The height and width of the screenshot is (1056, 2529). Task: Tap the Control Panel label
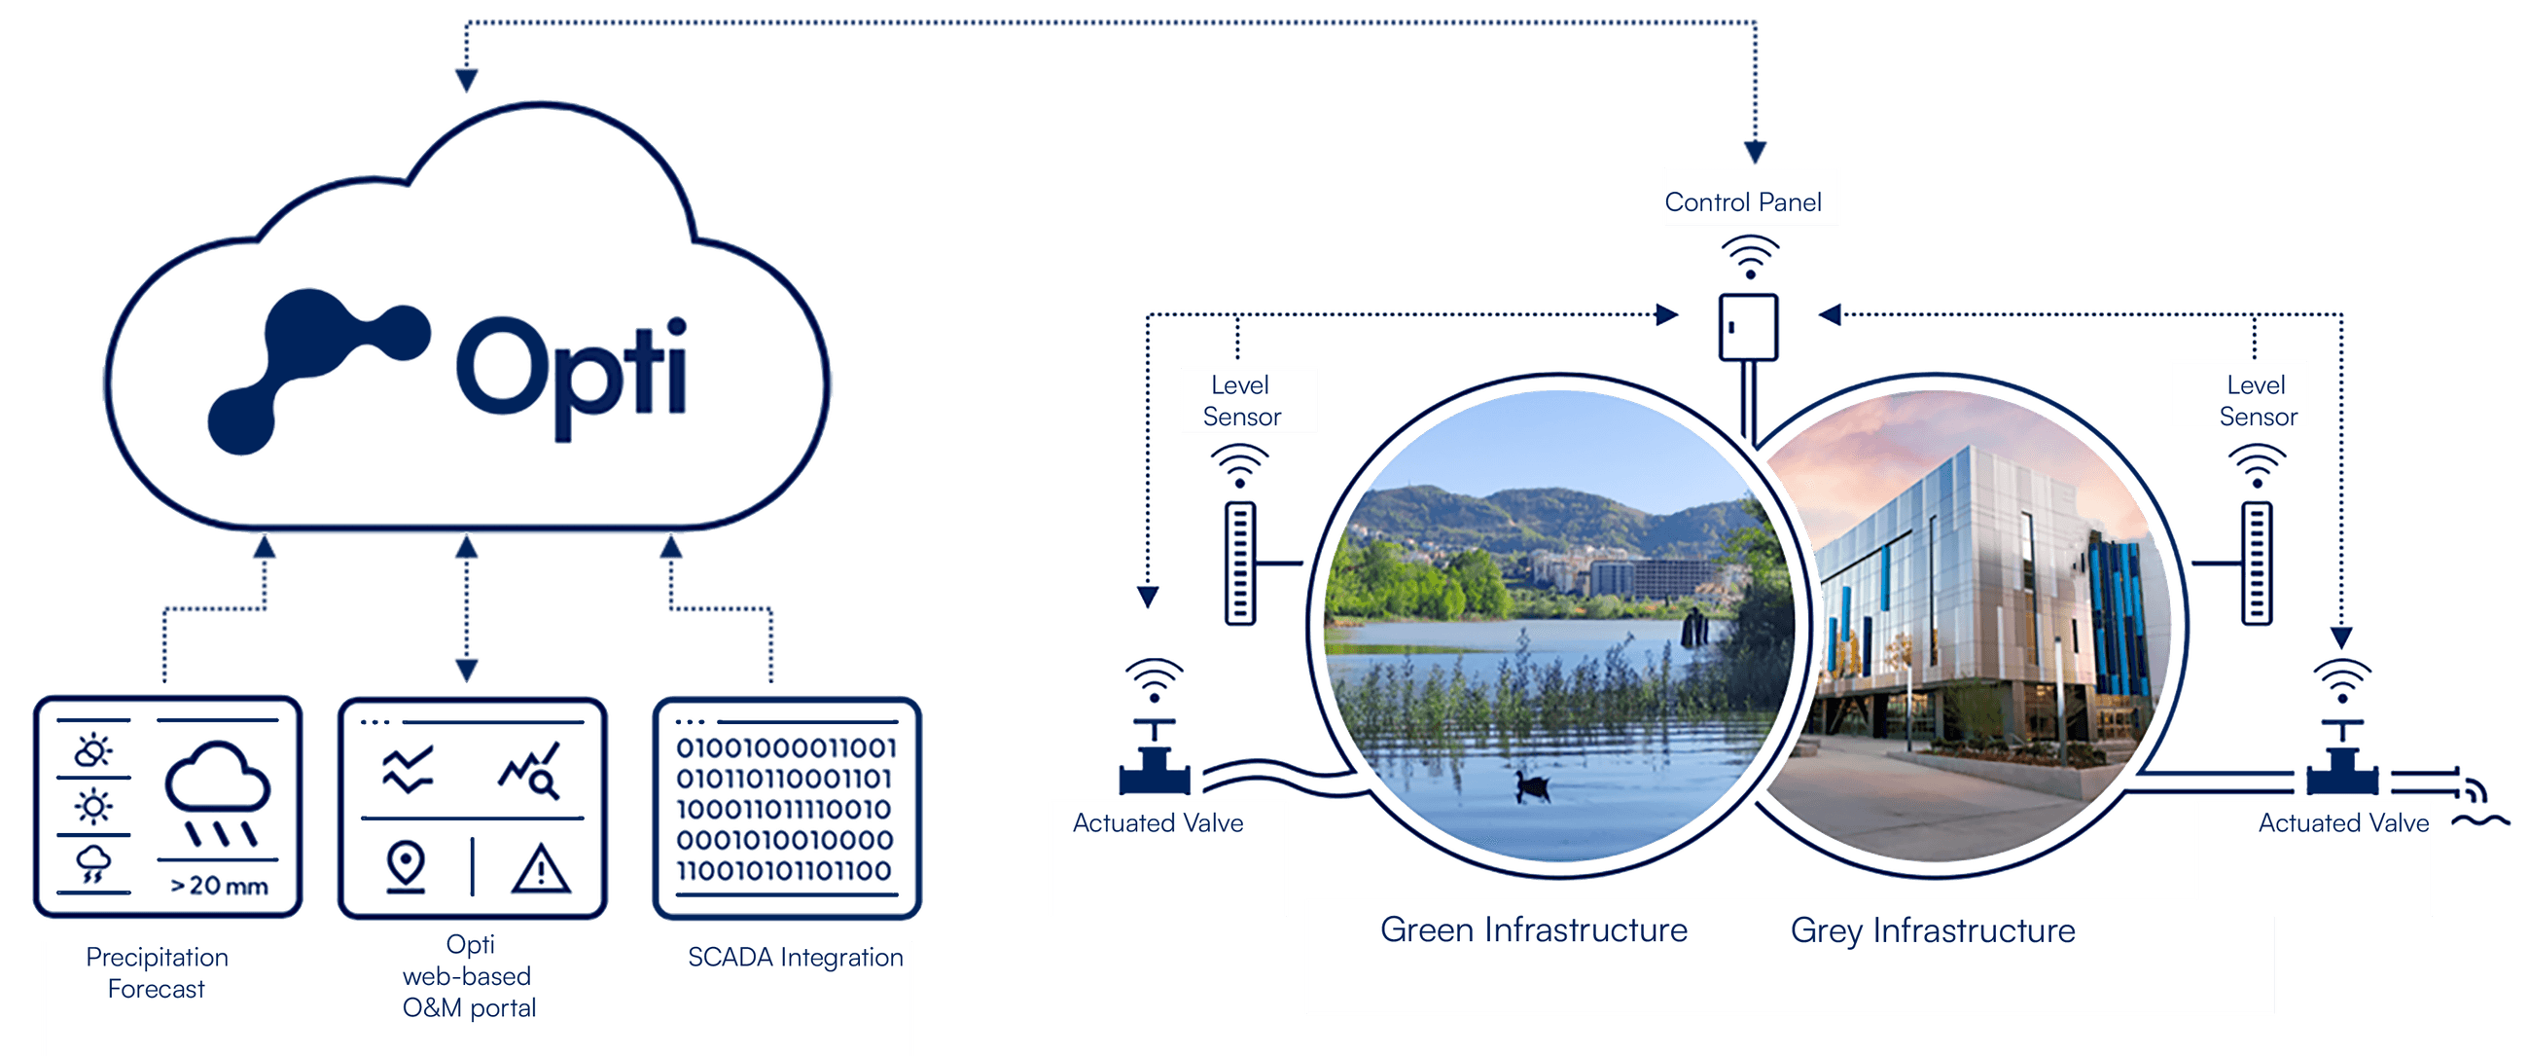click(x=1743, y=202)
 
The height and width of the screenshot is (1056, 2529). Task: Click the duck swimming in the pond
click(x=1532, y=785)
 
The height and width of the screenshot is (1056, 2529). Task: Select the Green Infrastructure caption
click(x=1534, y=929)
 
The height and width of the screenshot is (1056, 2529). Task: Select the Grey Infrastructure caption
click(x=1932, y=930)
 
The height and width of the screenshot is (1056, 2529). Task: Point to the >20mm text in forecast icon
click(x=219, y=886)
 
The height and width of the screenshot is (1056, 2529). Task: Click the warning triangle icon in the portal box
click(x=540, y=869)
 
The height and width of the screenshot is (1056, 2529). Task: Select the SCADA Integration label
click(x=796, y=957)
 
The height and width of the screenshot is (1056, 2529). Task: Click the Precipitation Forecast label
click(x=157, y=972)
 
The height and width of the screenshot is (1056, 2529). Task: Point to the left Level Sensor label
click(x=1241, y=401)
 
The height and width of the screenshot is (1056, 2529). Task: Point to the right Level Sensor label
click(x=2256, y=401)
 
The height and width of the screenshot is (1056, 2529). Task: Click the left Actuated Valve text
click(x=1158, y=823)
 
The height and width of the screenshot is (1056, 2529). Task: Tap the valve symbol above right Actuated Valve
click(x=2341, y=761)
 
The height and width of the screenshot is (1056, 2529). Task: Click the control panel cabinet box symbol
click(x=1748, y=327)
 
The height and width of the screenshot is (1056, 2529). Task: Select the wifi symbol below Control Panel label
click(x=1750, y=257)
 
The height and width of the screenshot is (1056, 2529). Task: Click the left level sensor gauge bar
click(x=1240, y=563)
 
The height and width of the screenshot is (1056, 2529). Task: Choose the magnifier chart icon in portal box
click(x=530, y=771)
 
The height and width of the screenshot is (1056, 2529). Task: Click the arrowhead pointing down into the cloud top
click(x=466, y=80)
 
